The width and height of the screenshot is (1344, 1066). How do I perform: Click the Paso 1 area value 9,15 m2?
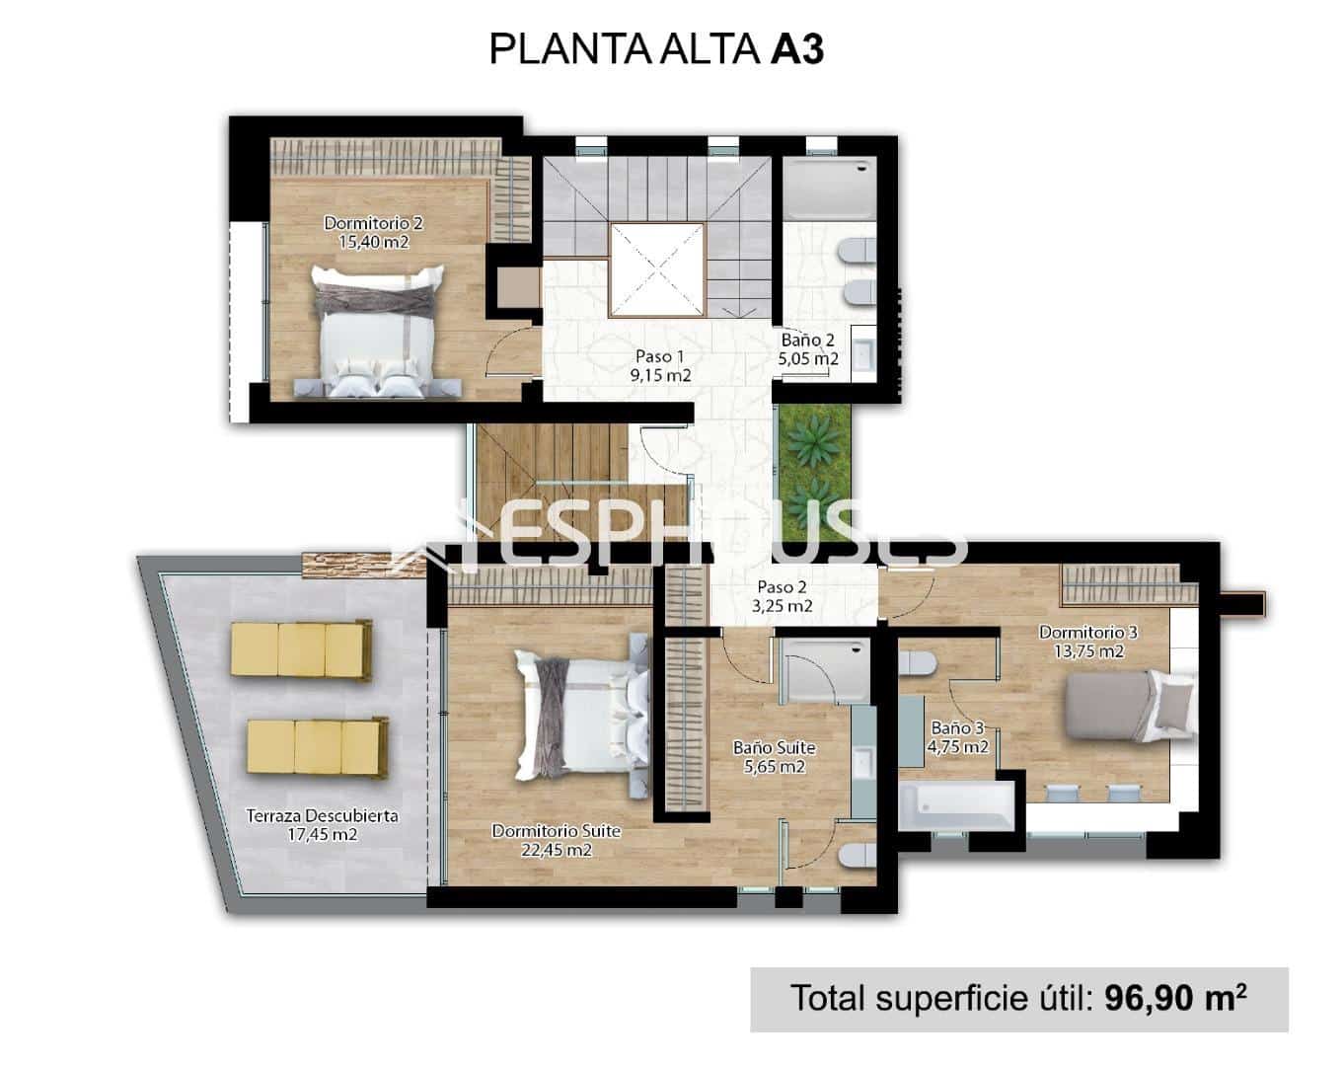click(660, 375)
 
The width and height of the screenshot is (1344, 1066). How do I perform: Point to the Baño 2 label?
click(808, 341)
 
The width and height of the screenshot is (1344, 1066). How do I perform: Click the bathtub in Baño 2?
click(829, 189)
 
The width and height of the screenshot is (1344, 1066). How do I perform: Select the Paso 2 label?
click(782, 587)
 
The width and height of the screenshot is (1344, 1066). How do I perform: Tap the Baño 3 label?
click(958, 728)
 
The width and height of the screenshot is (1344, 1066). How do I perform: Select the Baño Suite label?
click(774, 748)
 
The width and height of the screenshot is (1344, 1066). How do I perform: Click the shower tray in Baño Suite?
click(824, 670)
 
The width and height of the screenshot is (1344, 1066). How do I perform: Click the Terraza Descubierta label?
click(322, 815)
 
